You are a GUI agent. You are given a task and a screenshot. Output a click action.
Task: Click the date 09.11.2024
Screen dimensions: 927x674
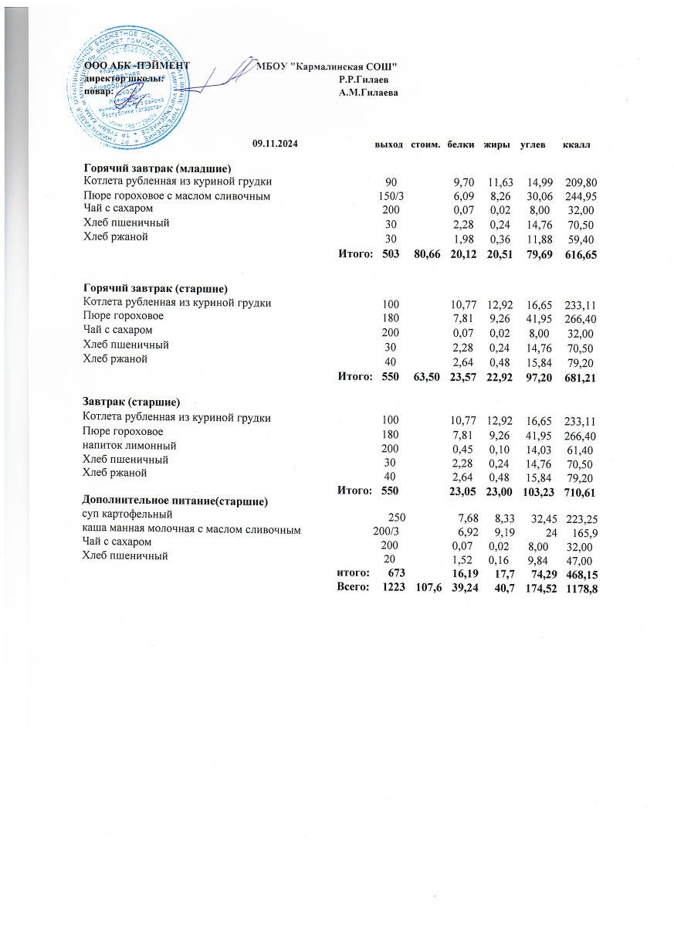coord(276,144)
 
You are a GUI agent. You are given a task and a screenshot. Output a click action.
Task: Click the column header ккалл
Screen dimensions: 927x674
coord(577,144)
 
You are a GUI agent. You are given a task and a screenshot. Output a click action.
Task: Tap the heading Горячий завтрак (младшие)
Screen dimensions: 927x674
coord(158,168)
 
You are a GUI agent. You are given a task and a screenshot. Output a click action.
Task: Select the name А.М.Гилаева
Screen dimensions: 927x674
coord(368,92)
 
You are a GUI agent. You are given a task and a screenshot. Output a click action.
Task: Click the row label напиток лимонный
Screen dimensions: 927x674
coord(130,446)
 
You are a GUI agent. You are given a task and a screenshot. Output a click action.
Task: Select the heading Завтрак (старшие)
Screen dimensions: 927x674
coord(131,403)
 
